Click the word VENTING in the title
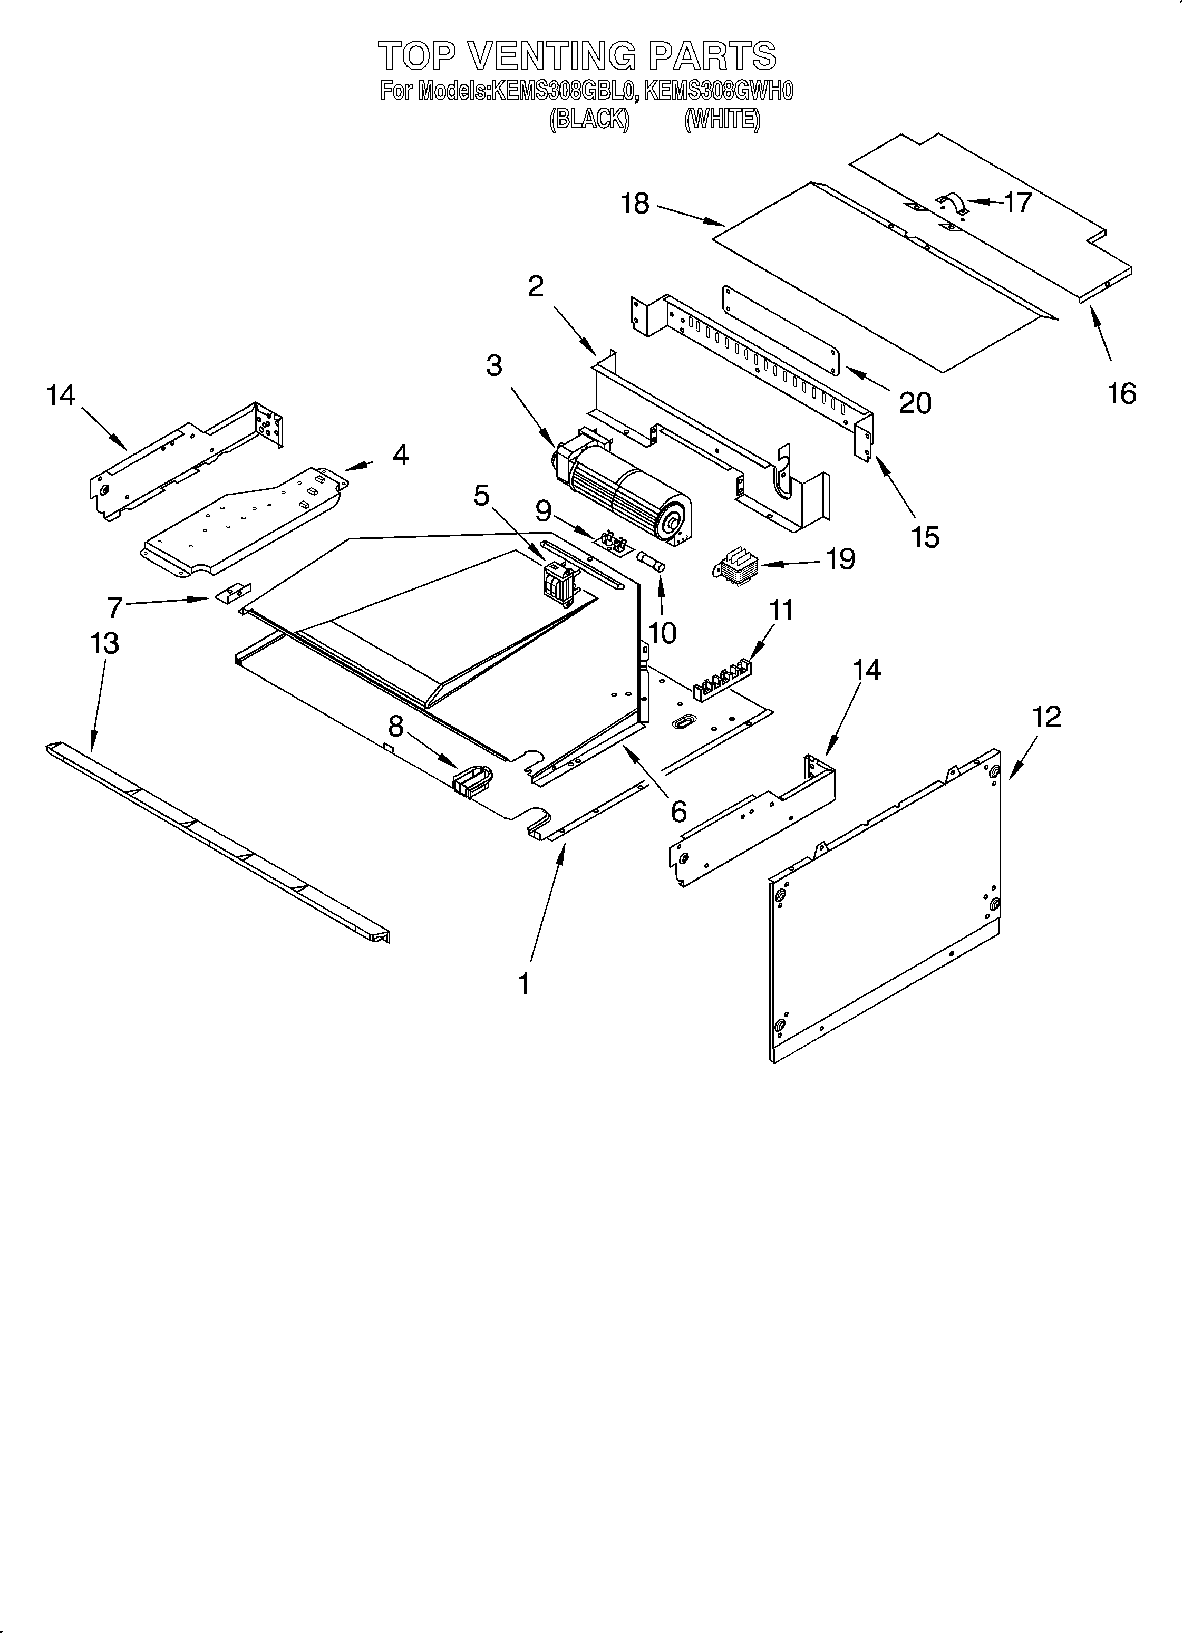click(553, 56)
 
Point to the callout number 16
click(1121, 394)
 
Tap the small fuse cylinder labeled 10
click(651, 562)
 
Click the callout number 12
click(1046, 717)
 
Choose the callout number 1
click(524, 983)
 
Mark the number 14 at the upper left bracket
click(61, 395)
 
